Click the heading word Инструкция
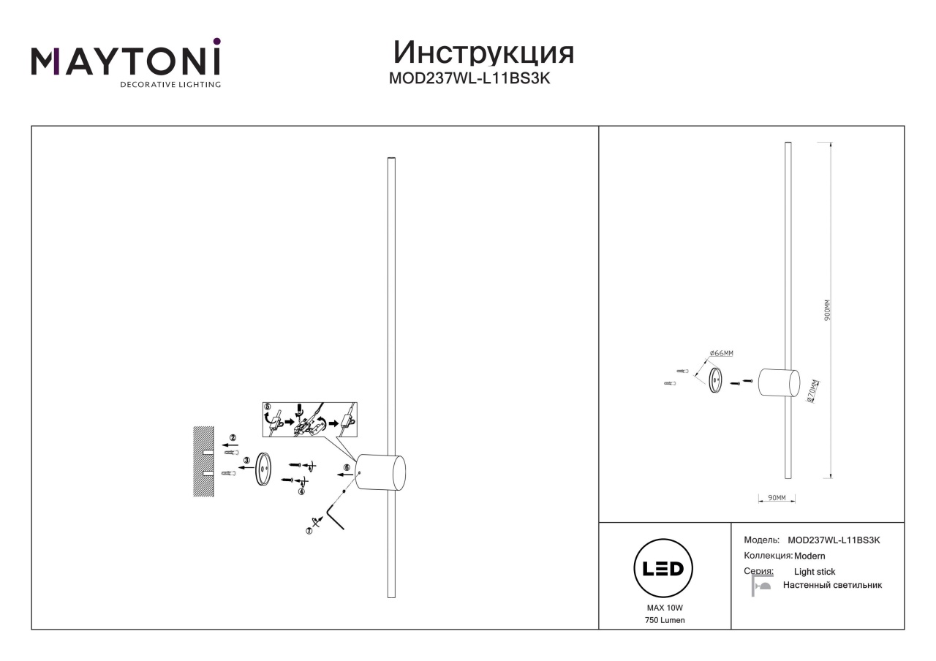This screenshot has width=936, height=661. tap(483, 53)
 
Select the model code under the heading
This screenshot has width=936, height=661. tap(469, 78)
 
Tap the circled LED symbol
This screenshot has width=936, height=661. tap(663, 568)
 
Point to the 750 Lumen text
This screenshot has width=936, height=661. tap(665, 620)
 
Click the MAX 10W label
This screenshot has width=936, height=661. tap(665, 608)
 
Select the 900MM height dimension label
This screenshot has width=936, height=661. tap(827, 310)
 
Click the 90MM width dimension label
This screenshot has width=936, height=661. tap(777, 498)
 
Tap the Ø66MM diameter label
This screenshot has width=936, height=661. tap(721, 353)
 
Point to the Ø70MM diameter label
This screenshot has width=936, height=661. tap(812, 391)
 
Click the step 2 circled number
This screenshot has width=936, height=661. tap(233, 437)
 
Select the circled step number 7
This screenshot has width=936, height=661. tap(309, 531)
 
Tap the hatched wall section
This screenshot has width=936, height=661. tap(203, 461)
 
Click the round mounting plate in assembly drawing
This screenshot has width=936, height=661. tap(263, 469)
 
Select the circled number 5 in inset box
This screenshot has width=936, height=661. tap(268, 407)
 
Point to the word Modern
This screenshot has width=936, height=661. tap(809, 556)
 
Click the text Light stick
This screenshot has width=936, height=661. tap(815, 572)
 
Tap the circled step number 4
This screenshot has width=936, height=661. tap(301, 491)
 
